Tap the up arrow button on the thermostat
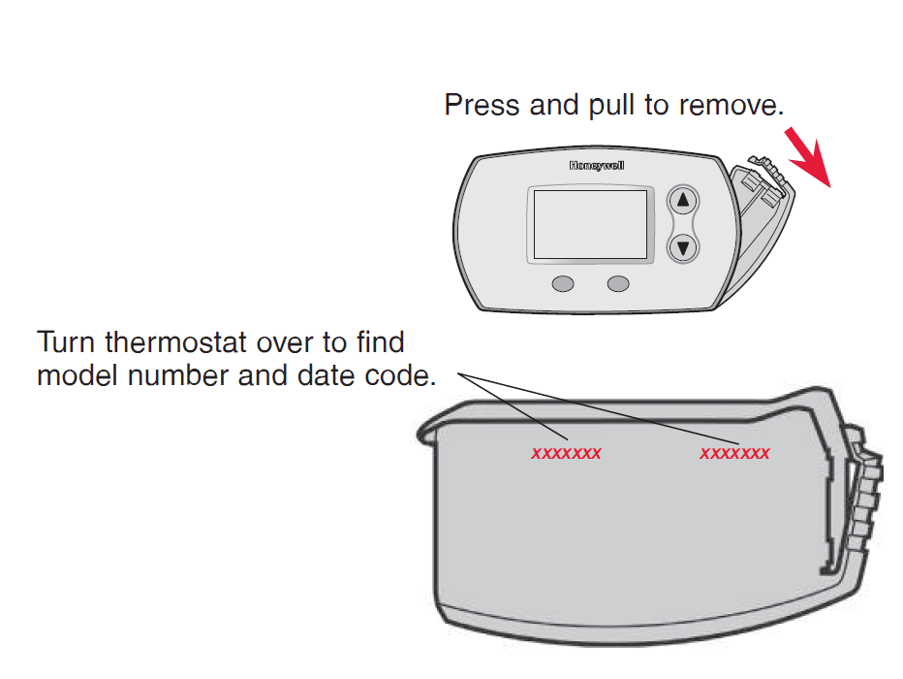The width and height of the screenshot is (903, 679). point(684,201)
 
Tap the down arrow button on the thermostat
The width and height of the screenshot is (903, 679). point(684,247)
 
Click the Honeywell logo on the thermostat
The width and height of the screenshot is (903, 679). point(597,166)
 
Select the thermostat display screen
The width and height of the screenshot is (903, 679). point(590,225)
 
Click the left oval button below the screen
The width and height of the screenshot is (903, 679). point(563,284)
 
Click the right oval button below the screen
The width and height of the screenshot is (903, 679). point(617,284)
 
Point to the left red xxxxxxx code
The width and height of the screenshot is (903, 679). point(566,454)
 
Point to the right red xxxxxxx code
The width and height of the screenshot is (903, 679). point(734,454)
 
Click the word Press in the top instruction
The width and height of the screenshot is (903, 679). point(483,105)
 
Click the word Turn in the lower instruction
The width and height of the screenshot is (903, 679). point(67,343)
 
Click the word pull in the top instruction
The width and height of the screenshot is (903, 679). point(611,105)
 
